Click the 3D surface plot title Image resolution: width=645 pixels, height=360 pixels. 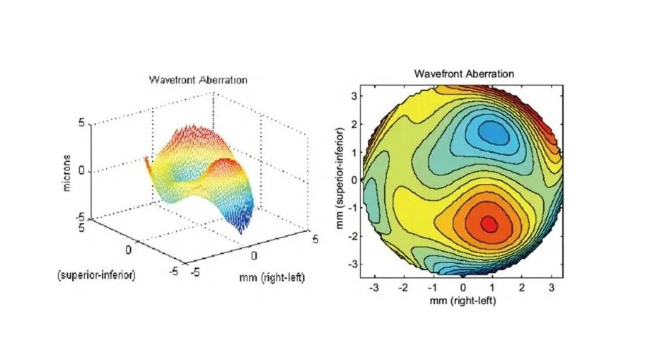click(x=198, y=80)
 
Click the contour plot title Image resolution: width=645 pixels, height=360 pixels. click(x=464, y=74)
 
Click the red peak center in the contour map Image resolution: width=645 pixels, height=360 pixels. click(x=489, y=223)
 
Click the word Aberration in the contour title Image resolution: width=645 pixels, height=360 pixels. click(x=490, y=74)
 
